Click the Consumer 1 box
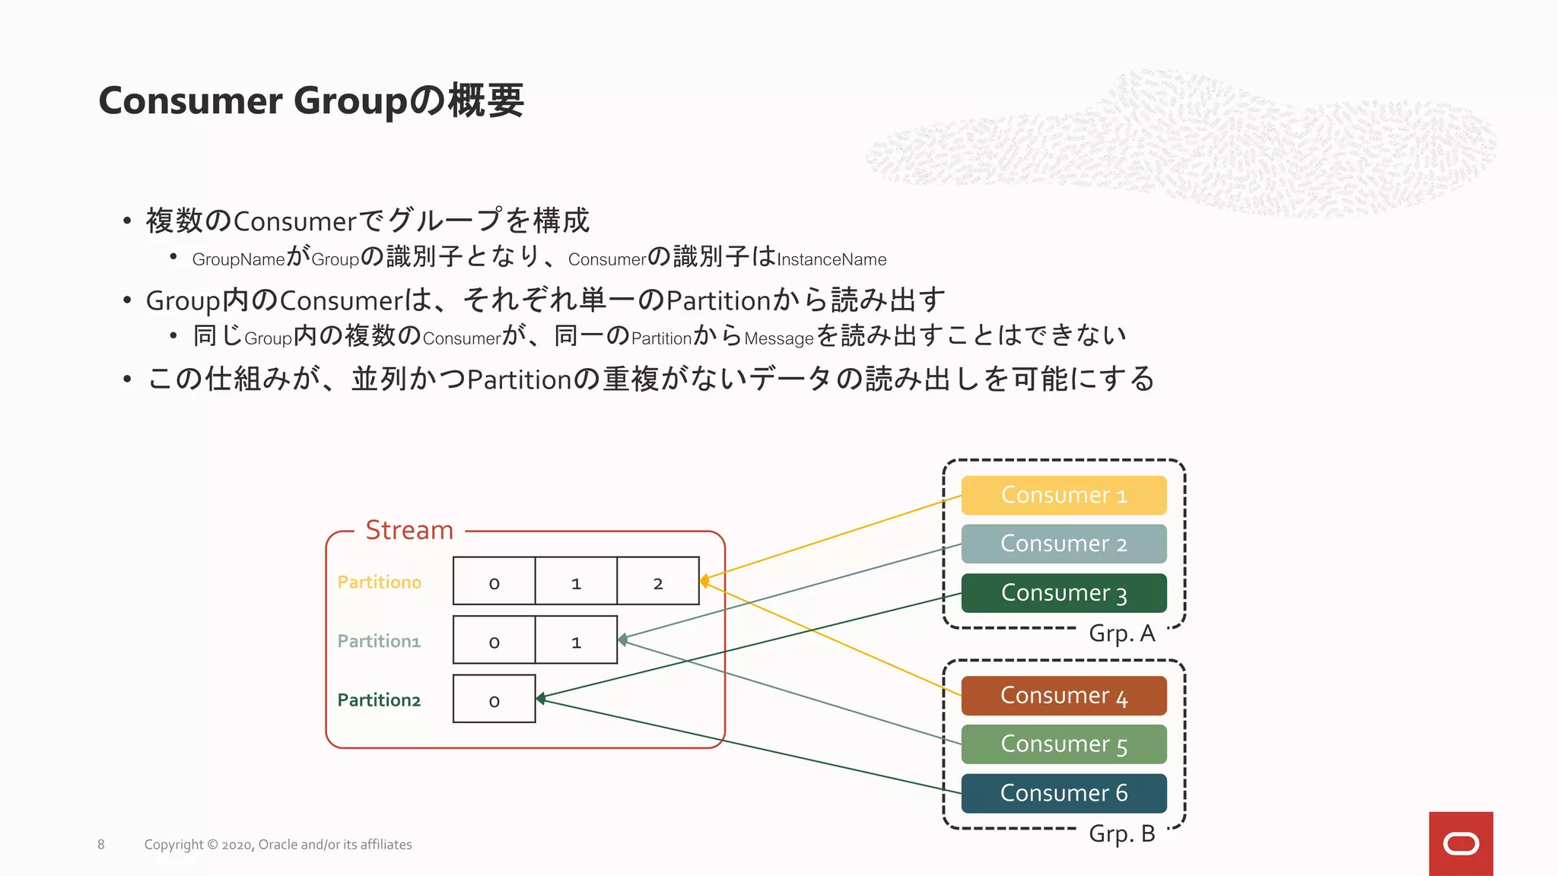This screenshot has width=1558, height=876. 1063,495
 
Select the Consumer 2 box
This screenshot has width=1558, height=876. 1063,544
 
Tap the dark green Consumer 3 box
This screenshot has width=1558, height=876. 1063,593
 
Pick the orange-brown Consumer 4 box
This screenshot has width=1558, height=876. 1063,696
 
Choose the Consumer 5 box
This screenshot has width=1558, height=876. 1063,744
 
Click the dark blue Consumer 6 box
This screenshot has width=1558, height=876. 1063,793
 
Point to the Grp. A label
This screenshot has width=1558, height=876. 1121,633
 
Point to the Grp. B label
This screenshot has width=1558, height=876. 1121,834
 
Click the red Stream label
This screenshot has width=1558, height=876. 409,530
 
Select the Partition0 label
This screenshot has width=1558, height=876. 379,582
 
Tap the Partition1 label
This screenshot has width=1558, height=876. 379,642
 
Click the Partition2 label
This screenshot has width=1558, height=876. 379,700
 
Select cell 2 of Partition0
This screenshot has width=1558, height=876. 658,582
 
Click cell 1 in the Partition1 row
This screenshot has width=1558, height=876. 576,640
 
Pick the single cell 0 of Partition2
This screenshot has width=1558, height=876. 494,700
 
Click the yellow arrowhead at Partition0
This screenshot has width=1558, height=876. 704,581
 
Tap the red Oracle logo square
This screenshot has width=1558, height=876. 1460,843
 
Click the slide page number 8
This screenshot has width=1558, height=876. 101,845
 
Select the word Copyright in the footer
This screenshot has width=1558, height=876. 173,845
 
